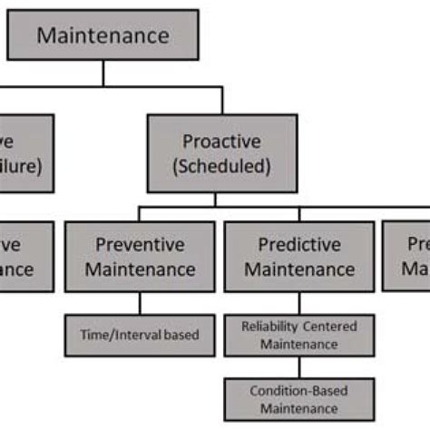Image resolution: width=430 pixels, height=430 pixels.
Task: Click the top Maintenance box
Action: coord(103,35)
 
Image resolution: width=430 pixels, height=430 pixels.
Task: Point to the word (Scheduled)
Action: coord(222,166)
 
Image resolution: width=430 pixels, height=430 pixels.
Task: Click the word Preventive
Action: coord(140,244)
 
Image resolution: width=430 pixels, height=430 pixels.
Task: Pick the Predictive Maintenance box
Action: coord(299,256)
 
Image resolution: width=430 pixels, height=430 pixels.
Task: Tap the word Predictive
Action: coord(300,244)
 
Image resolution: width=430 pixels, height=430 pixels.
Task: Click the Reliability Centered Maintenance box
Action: coord(299,335)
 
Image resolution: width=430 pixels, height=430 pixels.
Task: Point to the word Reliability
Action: coord(272,327)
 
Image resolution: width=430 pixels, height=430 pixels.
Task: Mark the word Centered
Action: coord(331,327)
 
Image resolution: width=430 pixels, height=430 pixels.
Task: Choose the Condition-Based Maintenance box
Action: coord(299,398)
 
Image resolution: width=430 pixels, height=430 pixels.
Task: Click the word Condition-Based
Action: coord(299,391)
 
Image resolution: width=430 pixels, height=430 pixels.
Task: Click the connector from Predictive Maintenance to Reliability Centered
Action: coord(299,303)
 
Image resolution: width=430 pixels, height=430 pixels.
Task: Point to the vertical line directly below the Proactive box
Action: coord(222,200)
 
